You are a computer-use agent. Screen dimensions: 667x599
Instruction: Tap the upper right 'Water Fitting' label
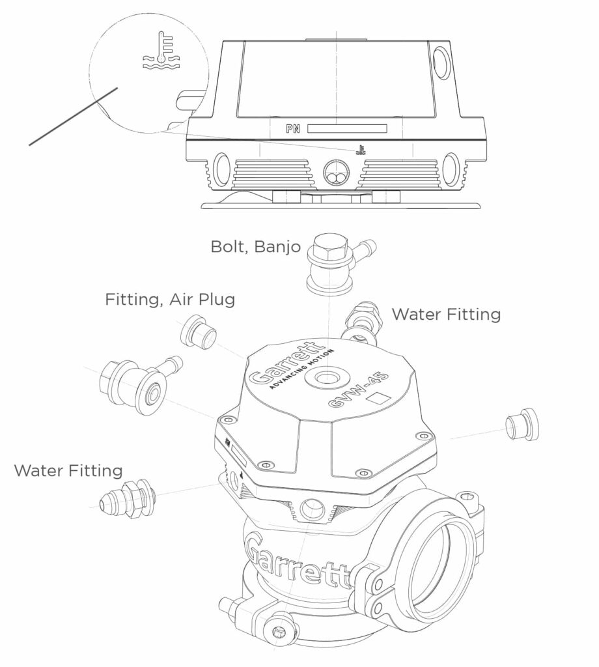[x=446, y=315]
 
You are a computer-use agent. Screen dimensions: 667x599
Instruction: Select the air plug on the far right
[x=522, y=425]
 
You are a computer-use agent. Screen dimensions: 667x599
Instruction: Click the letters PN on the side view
[x=292, y=129]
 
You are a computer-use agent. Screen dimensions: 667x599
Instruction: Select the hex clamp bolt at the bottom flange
[x=278, y=633]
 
